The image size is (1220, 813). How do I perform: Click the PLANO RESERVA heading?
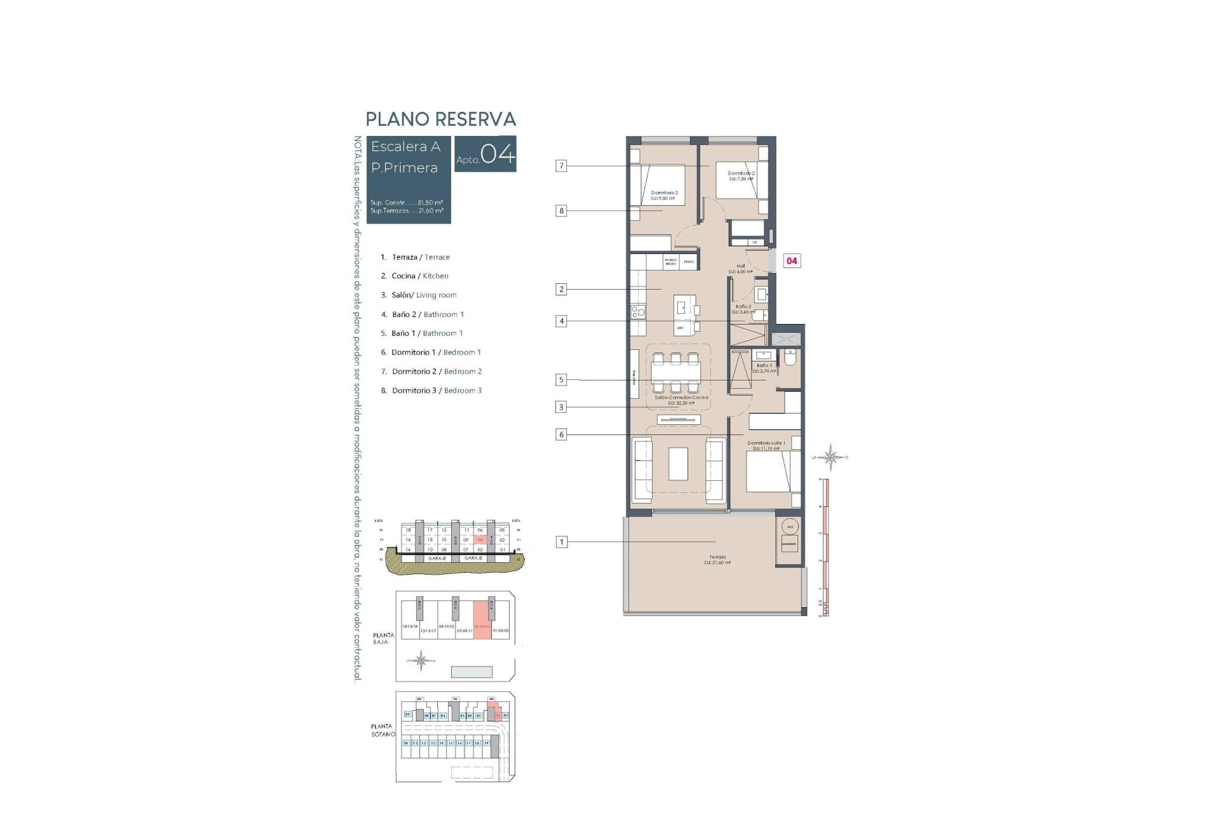pos(440,119)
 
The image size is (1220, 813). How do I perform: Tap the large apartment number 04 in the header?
pos(498,154)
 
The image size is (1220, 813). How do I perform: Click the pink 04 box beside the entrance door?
pos(792,260)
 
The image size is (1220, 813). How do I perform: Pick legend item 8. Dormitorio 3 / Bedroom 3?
pos(431,391)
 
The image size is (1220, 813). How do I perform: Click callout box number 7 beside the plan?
pos(561,166)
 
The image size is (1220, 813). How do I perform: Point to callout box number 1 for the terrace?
pos(561,542)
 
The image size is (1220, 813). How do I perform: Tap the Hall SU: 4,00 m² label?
pos(740,269)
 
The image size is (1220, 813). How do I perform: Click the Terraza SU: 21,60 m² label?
pos(717,560)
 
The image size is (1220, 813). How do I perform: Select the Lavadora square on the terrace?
pos(789,544)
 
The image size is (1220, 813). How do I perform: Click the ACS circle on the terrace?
pos(790,527)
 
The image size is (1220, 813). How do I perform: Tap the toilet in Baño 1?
pos(790,358)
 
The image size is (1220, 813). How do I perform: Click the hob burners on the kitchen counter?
pos(638,311)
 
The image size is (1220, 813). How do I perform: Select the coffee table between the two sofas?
pos(678,464)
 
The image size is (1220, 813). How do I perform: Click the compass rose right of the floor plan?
pos(830,457)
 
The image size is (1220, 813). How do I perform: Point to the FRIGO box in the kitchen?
pos(689,261)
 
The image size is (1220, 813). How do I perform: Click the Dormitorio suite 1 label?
pos(766,445)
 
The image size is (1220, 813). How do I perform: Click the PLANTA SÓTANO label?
pos(383,730)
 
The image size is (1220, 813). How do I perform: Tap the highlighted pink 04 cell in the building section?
pos(480,540)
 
